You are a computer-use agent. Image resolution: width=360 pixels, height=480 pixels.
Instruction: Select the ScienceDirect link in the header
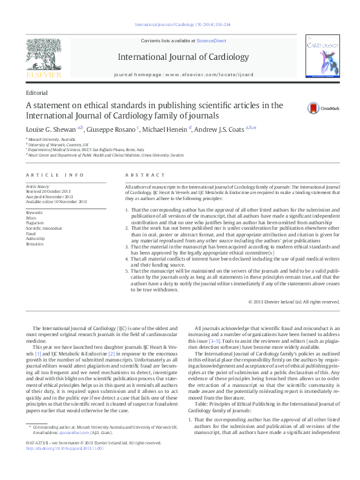click(x=211, y=40)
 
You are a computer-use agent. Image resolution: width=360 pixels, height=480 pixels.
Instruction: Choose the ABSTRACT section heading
click(x=137, y=175)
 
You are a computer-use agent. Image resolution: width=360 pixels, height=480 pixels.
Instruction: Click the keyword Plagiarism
click(x=35, y=223)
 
